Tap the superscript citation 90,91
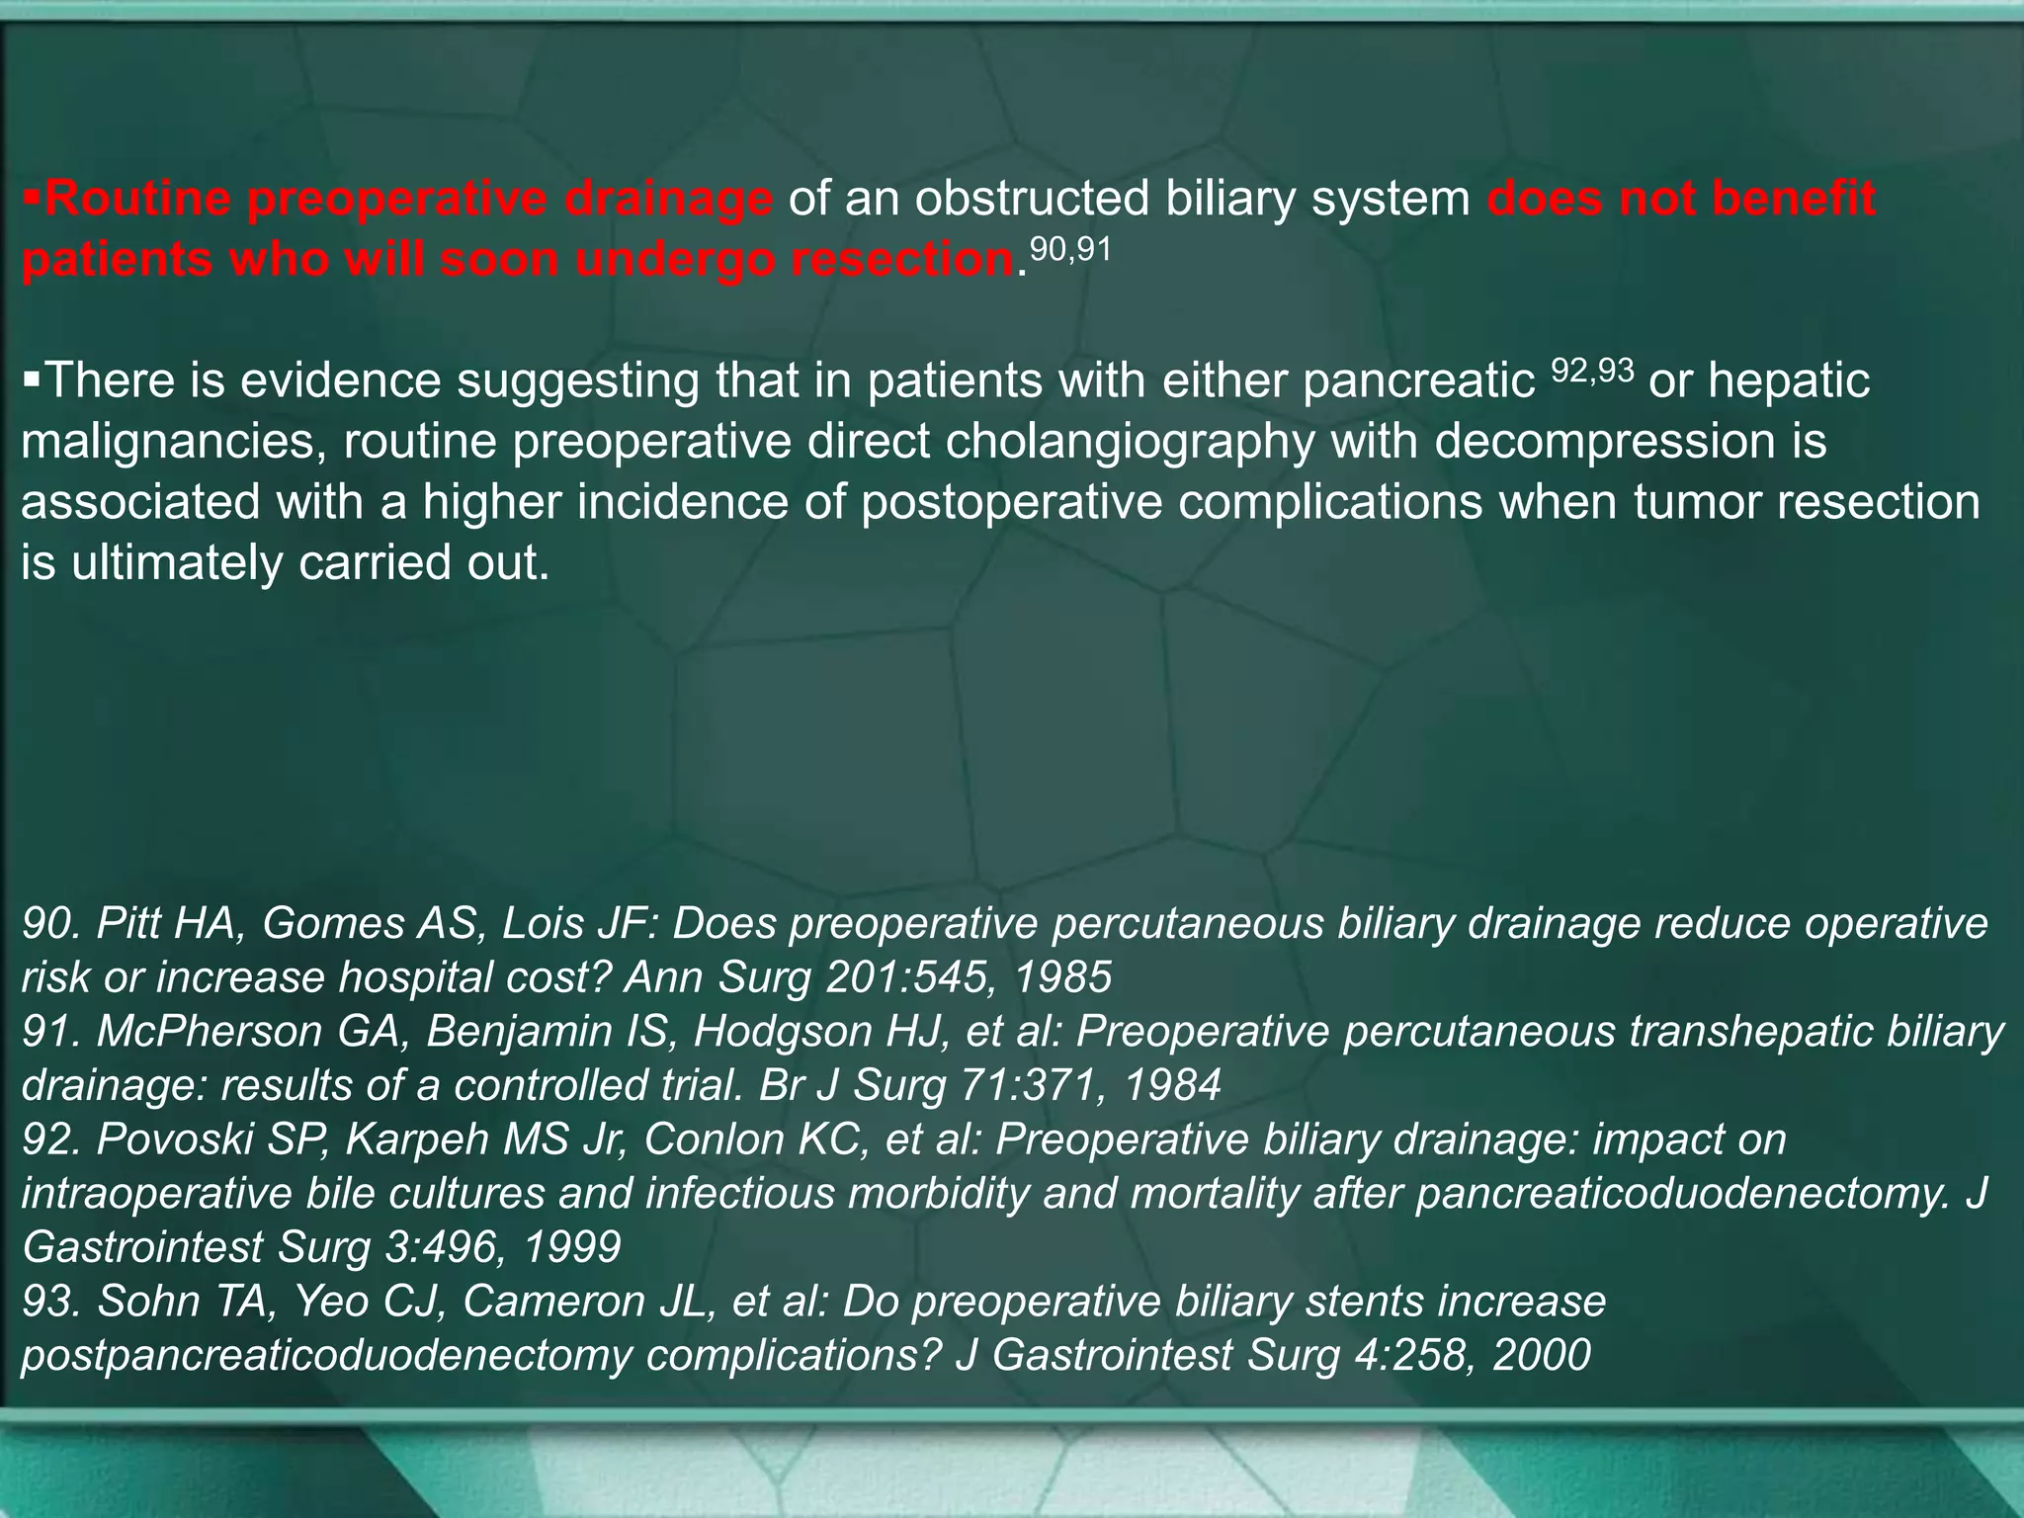(x=1070, y=249)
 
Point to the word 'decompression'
(x=1594, y=441)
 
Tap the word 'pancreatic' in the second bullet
(x=1417, y=380)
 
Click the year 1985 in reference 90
(x=1063, y=977)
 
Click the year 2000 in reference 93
(x=1541, y=1355)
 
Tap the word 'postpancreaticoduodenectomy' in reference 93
(x=325, y=1355)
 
